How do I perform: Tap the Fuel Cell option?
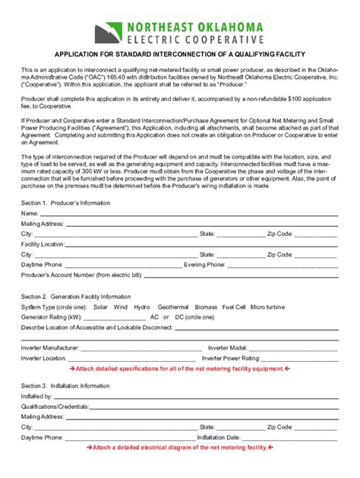(234, 307)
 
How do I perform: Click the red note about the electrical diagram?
(179, 448)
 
